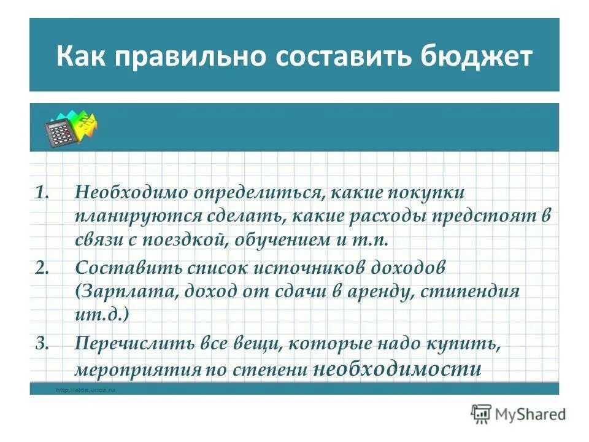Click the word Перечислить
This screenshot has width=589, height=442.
(141, 343)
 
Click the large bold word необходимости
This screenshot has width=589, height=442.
(397, 370)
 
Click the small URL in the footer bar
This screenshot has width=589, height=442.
(85, 389)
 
